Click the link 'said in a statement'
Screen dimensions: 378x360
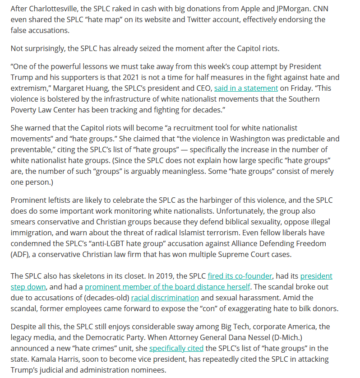[246, 88]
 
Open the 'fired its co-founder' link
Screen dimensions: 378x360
[240, 276]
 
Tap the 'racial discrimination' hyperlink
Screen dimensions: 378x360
[165, 298]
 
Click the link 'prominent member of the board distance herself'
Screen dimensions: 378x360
[167, 287]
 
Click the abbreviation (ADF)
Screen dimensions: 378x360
[21, 254]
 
